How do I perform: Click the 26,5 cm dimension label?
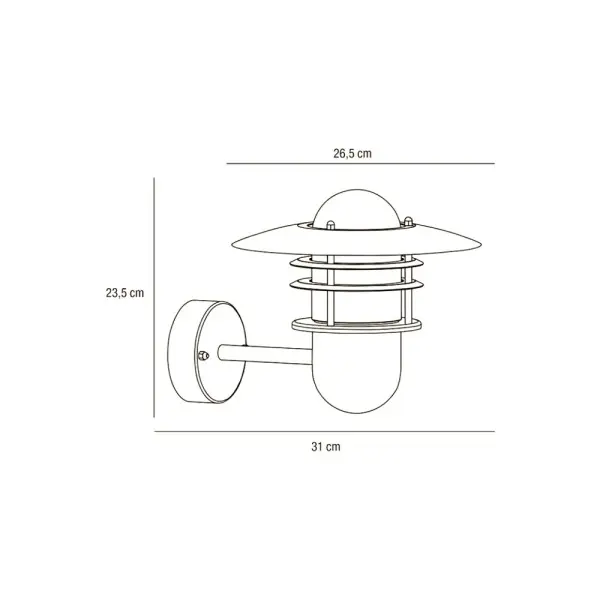(x=352, y=153)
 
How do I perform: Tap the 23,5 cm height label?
(x=125, y=293)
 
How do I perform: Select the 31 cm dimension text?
(x=326, y=447)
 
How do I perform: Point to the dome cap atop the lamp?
(x=356, y=209)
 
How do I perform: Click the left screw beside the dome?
(x=330, y=225)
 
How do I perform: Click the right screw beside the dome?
(x=408, y=221)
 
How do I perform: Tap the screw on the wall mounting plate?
(x=203, y=356)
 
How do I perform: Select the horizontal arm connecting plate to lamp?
(x=265, y=354)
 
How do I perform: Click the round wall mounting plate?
(x=207, y=351)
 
